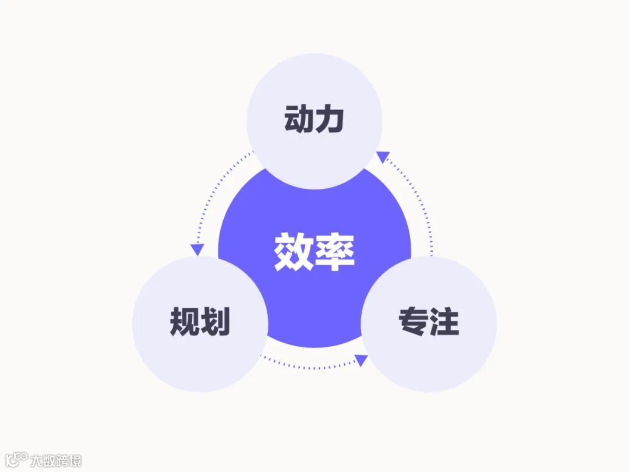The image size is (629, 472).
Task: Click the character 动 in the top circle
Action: click(299, 119)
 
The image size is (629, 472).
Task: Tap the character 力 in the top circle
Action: click(330, 119)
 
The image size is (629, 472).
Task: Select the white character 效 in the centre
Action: click(294, 252)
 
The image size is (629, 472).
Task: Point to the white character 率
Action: click(335, 252)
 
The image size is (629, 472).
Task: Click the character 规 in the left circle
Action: click(185, 322)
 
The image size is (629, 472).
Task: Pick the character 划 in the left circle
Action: click(215, 322)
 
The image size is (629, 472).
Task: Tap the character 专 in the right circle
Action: click(413, 322)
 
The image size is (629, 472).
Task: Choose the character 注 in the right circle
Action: click(444, 322)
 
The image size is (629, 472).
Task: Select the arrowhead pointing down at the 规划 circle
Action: click(197, 249)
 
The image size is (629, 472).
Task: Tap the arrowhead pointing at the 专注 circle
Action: click(361, 360)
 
